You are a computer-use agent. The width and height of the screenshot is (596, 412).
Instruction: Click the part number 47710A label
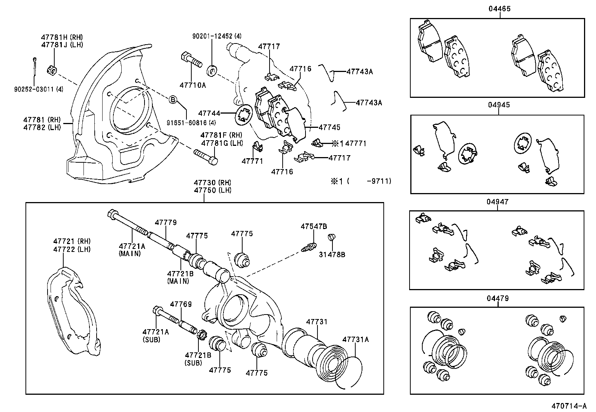pyautogui.click(x=193, y=85)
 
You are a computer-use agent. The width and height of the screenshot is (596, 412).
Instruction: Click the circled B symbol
pyautogui.click(x=173, y=99)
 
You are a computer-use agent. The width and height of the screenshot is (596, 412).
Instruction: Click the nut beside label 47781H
pyautogui.click(x=52, y=70)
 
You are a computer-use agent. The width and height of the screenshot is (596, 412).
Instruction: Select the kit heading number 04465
pyautogui.click(x=499, y=9)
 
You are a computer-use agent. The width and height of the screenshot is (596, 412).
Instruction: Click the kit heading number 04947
pyautogui.click(x=498, y=202)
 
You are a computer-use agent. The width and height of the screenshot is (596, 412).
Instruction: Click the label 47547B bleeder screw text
pyautogui.click(x=314, y=226)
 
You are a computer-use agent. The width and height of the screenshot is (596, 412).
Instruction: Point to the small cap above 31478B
pyautogui.click(x=331, y=237)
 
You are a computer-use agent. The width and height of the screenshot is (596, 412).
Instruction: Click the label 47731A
pyautogui.click(x=355, y=340)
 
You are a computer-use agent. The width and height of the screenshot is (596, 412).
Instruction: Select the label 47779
pyautogui.click(x=165, y=223)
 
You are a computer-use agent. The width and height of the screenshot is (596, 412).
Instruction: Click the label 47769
pyautogui.click(x=181, y=304)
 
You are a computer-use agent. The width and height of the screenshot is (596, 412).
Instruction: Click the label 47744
pyautogui.click(x=209, y=113)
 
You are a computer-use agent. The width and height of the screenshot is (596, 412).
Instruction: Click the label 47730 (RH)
pyautogui.click(x=212, y=183)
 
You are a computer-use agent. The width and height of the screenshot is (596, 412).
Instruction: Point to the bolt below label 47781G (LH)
pyautogui.click(x=206, y=156)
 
